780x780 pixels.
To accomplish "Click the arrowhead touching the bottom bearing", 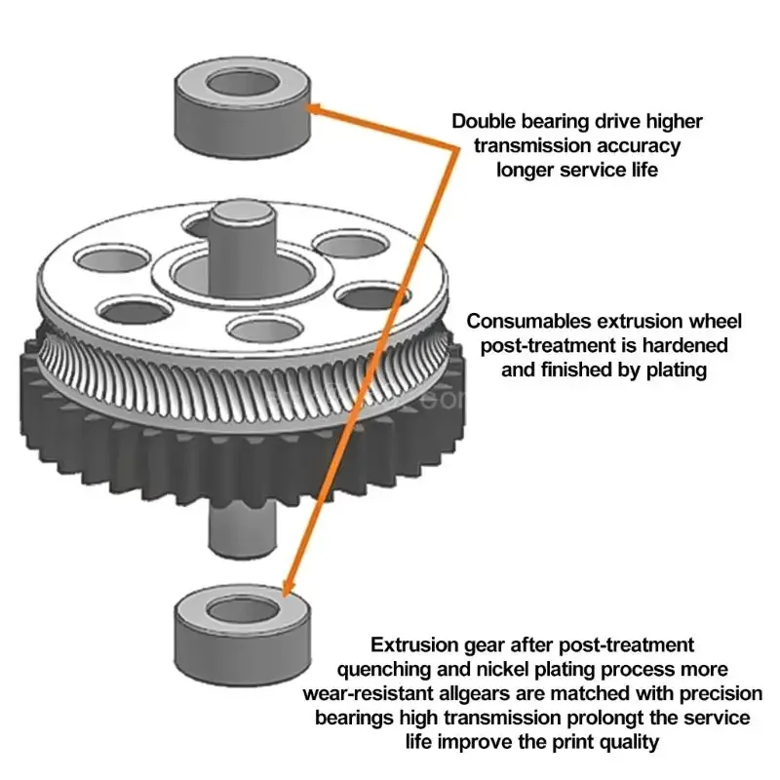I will tap(286, 587).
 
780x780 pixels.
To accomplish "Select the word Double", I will tap(487, 121).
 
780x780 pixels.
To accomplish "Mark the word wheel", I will tap(717, 321).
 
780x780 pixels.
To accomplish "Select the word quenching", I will tap(382, 669).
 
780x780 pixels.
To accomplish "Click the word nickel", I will tap(486, 669).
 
